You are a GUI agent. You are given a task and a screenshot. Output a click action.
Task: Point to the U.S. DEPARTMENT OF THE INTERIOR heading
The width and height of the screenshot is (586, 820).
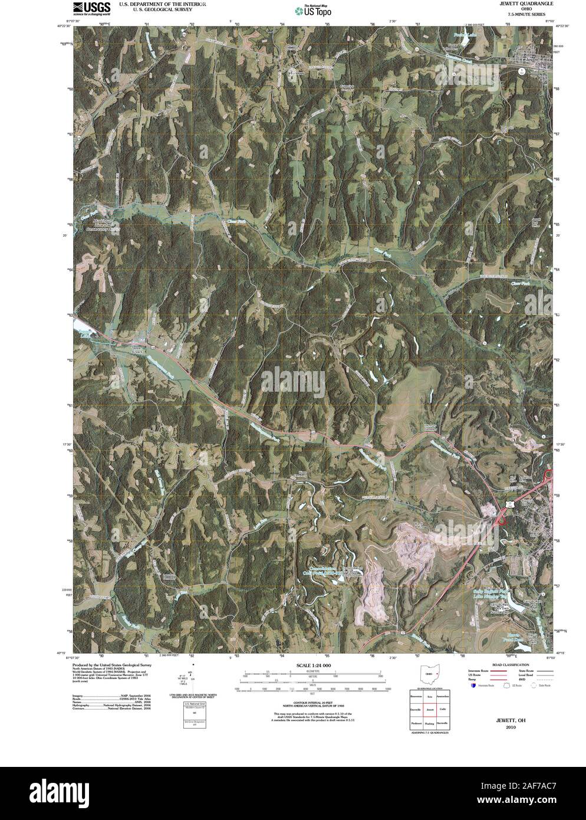coord(162,4)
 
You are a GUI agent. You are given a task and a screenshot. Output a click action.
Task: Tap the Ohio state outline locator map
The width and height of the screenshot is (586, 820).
coord(430,674)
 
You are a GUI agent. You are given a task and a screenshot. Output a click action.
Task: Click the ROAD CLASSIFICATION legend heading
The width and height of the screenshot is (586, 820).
coord(509,665)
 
